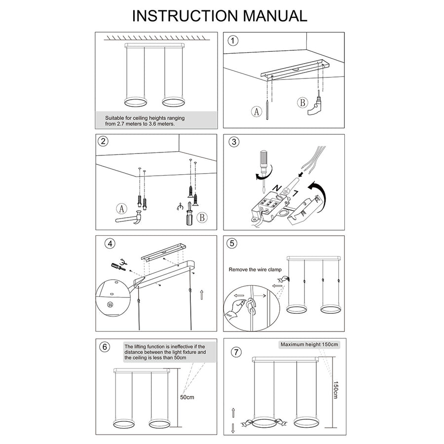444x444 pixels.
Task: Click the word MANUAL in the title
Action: tap(275, 16)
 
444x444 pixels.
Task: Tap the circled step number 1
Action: tap(233, 41)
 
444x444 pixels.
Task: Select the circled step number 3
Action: tap(234, 142)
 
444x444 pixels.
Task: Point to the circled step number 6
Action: tap(105, 347)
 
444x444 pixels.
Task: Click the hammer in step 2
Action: tap(129, 218)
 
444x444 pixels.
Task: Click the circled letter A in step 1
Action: tap(257, 111)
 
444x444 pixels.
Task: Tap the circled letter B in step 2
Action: tap(202, 218)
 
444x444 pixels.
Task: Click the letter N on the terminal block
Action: tap(277, 188)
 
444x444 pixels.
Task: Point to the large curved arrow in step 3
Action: tap(319, 195)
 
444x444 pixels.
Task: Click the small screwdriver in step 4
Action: tap(118, 266)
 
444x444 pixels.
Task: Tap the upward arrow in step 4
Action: tap(201, 295)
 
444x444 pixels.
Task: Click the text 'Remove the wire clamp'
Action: tap(255, 269)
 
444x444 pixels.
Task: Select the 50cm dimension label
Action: tap(187, 397)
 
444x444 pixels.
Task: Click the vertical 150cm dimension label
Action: tap(335, 390)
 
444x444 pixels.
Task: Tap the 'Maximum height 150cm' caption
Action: tap(309, 345)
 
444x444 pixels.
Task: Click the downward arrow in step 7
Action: tap(233, 428)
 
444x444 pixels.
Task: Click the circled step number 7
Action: tap(236, 352)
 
